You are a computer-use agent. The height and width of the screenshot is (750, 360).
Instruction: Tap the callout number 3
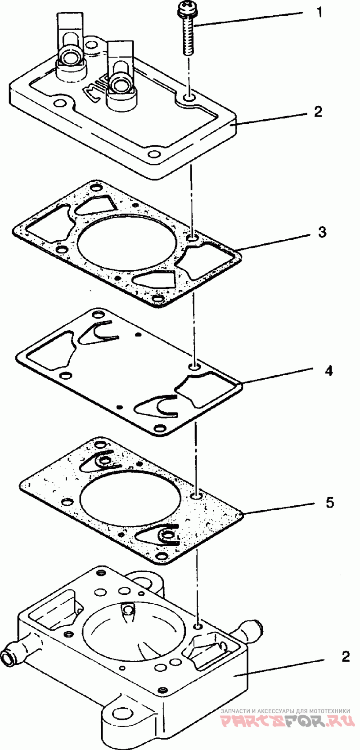(322, 232)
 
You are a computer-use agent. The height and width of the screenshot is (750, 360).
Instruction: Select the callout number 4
(329, 371)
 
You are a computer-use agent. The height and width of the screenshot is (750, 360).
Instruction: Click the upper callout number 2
(319, 112)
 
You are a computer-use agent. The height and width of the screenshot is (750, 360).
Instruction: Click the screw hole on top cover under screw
(189, 98)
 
